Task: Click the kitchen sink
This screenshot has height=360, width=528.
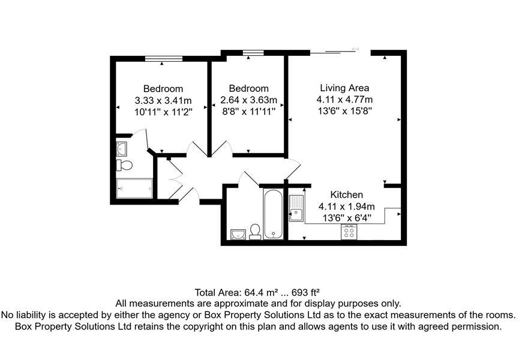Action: click(296, 208)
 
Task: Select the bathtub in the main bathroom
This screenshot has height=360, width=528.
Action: click(273, 215)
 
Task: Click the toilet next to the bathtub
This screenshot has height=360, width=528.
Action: click(255, 232)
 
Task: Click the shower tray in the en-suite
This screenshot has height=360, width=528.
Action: click(135, 188)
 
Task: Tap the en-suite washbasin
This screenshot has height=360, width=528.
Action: click(122, 148)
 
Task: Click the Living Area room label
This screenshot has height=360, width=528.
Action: click(344, 88)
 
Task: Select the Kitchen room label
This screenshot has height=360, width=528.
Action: click(347, 195)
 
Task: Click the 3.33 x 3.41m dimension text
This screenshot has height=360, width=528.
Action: click(163, 100)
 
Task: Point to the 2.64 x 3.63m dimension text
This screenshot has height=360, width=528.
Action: click(248, 100)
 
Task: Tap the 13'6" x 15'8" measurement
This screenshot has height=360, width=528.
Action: click(344, 111)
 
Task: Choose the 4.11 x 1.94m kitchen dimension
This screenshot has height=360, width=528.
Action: click(347, 207)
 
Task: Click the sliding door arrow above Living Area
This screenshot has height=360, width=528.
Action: click(356, 49)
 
